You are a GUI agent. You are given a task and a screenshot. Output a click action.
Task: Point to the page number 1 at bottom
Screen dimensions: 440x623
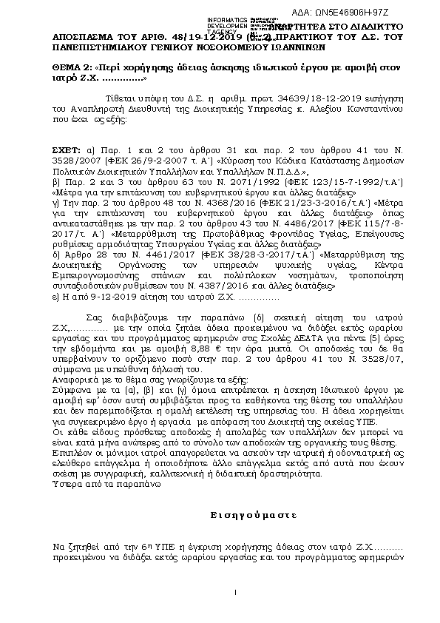tap(234, 592)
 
